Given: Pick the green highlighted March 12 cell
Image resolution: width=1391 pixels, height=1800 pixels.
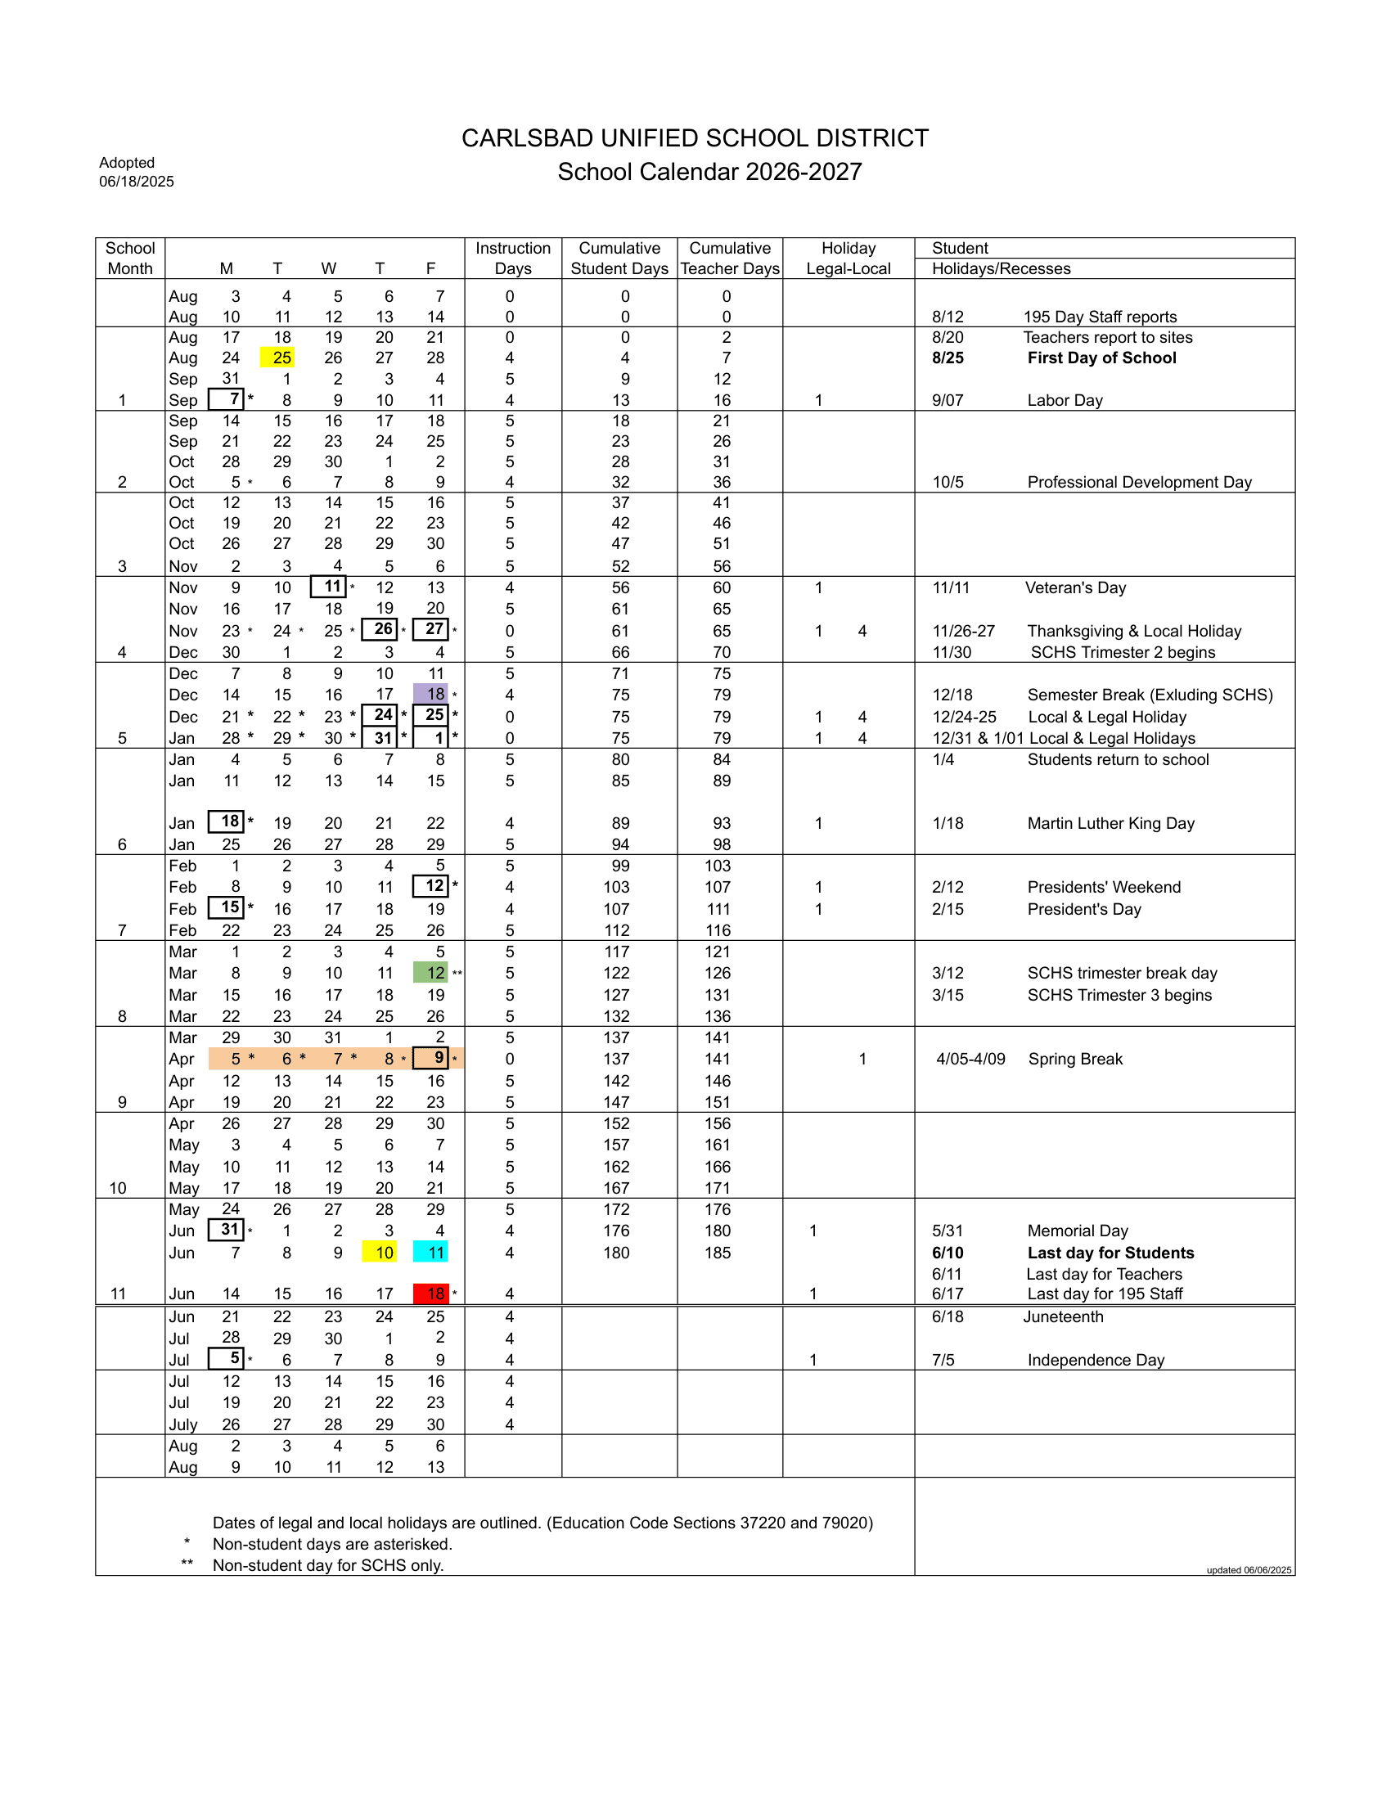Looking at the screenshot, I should tap(431, 973).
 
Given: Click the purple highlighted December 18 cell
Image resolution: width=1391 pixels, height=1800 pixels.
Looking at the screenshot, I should tap(431, 694).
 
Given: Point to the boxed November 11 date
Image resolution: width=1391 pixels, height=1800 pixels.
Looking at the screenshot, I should tap(329, 587).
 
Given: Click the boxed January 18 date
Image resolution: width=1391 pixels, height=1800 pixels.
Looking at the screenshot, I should tap(227, 821).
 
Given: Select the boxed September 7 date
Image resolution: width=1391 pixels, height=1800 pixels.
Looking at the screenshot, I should tap(227, 400).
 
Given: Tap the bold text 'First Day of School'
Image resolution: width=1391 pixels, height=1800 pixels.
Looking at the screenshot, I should tap(1102, 358).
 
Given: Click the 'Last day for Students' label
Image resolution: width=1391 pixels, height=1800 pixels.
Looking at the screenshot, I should tap(1110, 1253).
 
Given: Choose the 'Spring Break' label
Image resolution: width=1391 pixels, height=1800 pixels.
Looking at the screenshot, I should tap(1074, 1059).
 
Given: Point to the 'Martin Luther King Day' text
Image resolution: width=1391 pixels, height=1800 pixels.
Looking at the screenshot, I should tap(1110, 823).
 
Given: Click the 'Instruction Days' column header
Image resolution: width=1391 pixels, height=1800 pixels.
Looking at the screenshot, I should tap(512, 258).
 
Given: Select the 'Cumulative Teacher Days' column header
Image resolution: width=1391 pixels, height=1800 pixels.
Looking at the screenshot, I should tap(729, 258).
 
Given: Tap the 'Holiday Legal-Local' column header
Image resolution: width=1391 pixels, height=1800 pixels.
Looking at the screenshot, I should tap(848, 258).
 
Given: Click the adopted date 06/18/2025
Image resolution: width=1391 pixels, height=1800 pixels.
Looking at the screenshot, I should tap(137, 182).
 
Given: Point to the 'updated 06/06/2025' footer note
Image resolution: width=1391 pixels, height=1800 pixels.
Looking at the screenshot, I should tap(1249, 1570).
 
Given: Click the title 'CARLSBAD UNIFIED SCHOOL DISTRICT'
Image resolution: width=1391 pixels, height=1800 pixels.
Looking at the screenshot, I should tap(695, 137).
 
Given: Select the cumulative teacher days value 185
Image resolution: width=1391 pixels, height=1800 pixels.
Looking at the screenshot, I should tap(717, 1253).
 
